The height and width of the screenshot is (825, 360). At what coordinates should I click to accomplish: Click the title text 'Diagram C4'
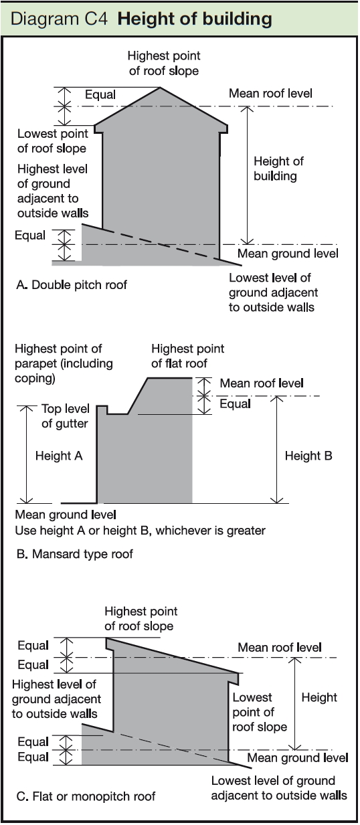59,19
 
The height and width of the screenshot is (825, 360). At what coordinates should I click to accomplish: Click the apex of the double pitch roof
160,87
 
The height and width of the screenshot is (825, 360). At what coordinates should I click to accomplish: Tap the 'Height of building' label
278,169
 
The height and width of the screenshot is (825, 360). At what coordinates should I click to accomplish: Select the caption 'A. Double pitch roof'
72,284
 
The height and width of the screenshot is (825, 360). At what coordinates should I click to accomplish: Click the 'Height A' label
59,456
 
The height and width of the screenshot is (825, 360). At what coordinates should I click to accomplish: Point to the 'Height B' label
308,456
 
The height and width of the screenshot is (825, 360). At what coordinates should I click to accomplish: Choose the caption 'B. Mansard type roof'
75,554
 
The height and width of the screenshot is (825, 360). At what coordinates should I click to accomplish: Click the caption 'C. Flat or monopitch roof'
86,797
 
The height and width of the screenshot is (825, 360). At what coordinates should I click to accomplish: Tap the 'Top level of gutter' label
65,416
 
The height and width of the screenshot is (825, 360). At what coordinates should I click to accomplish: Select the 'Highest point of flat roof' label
187,356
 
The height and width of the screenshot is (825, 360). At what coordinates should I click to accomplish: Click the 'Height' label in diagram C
319,698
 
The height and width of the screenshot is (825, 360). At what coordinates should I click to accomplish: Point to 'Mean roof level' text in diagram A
270,94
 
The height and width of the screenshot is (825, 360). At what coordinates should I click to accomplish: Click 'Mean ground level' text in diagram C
297,757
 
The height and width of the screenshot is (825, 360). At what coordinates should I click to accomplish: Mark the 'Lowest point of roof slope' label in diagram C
260,713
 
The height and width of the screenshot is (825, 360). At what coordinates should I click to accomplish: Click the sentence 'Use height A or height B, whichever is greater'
140,531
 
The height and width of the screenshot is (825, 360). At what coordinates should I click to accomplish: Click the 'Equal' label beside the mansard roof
235,404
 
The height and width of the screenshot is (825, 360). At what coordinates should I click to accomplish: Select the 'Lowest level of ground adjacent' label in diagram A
273,292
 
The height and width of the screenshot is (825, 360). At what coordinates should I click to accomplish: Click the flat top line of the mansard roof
169,378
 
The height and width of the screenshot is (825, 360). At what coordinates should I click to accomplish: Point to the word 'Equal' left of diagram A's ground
30,236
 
